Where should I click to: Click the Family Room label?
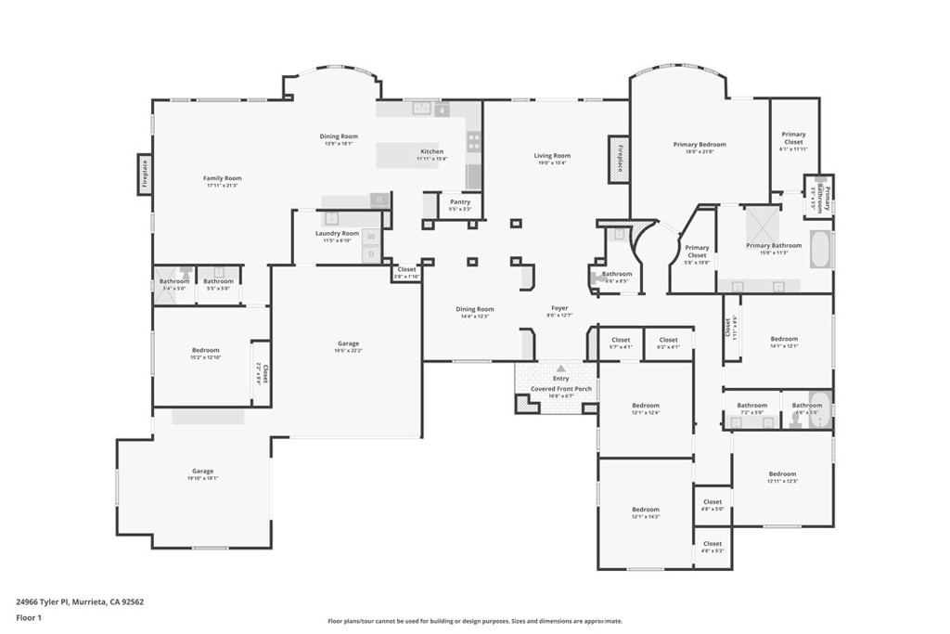(223, 178)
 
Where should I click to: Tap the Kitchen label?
(431, 152)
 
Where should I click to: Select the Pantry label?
(459, 202)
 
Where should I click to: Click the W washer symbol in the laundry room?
(371, 237)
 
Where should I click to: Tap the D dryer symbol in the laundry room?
(371, 253)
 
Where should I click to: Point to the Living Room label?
(552, 156)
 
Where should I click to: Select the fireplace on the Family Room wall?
(145, 175)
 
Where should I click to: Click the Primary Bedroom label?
(700, 145)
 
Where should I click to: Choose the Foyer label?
(559, 308)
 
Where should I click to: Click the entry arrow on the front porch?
(560, 369)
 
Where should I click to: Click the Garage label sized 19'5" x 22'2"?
(348, 343)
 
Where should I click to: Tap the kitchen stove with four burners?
(473, 142)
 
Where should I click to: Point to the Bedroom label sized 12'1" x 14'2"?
(646, 510)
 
